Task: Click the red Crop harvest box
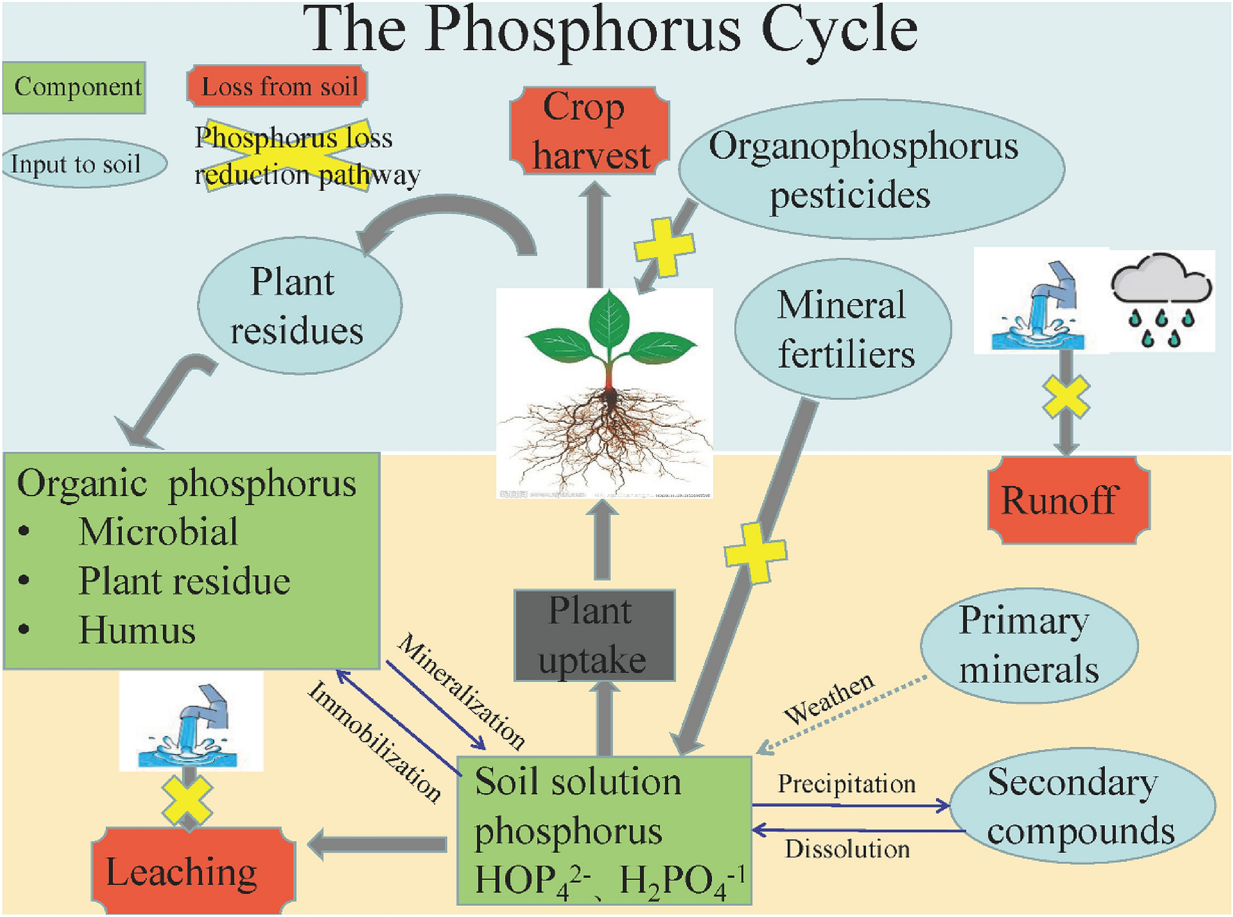pyautogui.click(x=589, y=131)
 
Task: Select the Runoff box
pyautogui.click(x=1068, y=500)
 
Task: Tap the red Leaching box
pyautogui.click(x=193, y=871)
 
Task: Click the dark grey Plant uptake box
pyautogui.click(x=594, y=635)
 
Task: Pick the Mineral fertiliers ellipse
pyautogui.click(x=843, y=329)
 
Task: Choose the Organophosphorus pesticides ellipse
pyautogui.click(x=871, y=169)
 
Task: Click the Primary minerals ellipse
pyautogui.click(x=1028, y=645)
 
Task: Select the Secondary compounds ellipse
pyautogui.click(x=1082, y=806)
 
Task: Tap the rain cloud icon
pyautogui.click(x=1161, y=300)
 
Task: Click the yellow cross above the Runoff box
pyautogui.click(x=1066, y=397)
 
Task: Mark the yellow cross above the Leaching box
pyautogui.click(x=187, y=800)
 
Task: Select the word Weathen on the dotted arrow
pyautogui.click(x=829, y=698)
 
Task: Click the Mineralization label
pyautogui.click(x=460, y=690)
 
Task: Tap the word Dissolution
pyautogui.click(x=847, y=849)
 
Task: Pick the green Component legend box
pyautogui.click(x=75, y=87)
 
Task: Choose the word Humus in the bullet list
pyautogui.click(x=137, y=630)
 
